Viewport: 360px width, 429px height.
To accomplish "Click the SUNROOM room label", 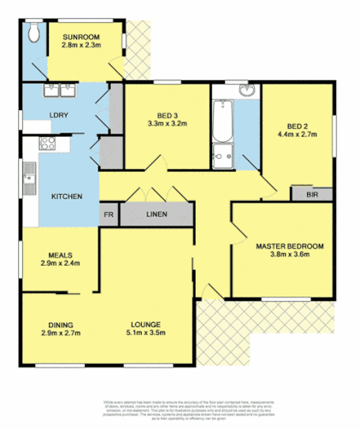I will click(82, 37).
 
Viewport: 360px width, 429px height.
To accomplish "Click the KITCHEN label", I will click(67, 197).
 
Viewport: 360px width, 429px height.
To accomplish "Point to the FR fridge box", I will click(109, 214).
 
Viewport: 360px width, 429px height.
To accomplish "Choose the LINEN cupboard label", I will click(156, 214).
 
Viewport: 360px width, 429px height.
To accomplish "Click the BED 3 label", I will click(168, 116).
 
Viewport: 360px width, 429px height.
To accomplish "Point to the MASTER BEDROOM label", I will click(291, 246).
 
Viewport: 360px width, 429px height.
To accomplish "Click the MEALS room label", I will click(60, 255).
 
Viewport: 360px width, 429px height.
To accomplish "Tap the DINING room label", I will click(60, 324).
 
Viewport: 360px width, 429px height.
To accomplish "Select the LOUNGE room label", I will click(145, 324).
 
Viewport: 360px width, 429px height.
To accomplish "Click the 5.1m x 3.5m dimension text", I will click(145, 333).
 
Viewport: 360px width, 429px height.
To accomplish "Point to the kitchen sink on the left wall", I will click(29, 175).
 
